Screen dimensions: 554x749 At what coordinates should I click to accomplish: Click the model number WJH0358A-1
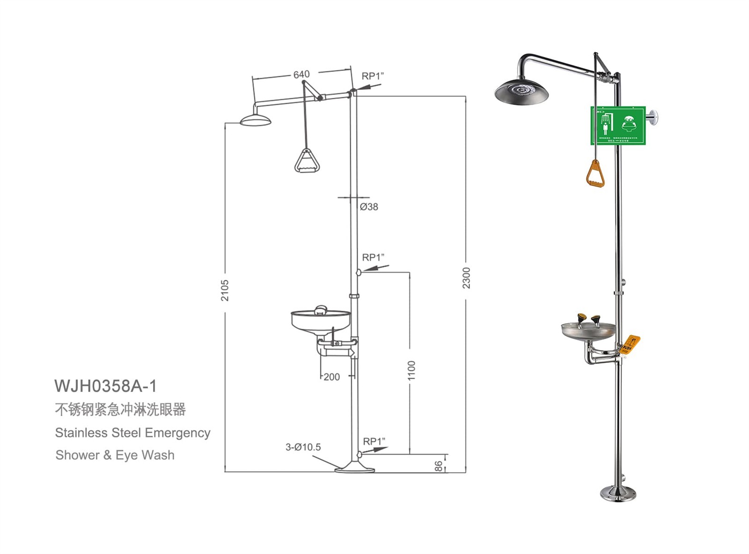tap(105, 386)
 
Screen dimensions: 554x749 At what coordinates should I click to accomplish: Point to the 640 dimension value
tap(301, 74)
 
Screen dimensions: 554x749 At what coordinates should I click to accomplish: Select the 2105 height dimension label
tap(225, 290)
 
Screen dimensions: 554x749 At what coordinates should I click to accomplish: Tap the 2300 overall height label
tap(466, 278)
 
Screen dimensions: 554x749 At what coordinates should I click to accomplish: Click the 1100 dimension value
tap(411, 370)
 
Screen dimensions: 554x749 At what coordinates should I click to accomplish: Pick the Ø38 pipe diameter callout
tap(369, 207)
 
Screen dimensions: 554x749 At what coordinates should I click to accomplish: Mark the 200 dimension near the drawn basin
tap(331, 377)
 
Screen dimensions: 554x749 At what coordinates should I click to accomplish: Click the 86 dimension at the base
tap(438, 466)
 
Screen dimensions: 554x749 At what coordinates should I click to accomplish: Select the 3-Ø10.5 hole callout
tap(303, 447)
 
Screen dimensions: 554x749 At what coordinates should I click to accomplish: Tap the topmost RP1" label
tap(373, 76)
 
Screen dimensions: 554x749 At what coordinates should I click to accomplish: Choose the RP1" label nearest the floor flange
tap(374, 442)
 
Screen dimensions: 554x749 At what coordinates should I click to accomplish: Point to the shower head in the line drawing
tap(256, 121)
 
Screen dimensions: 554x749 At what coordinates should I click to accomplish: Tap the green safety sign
tap(618, 125)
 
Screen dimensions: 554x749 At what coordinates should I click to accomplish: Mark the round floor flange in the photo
tap(618, 493)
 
